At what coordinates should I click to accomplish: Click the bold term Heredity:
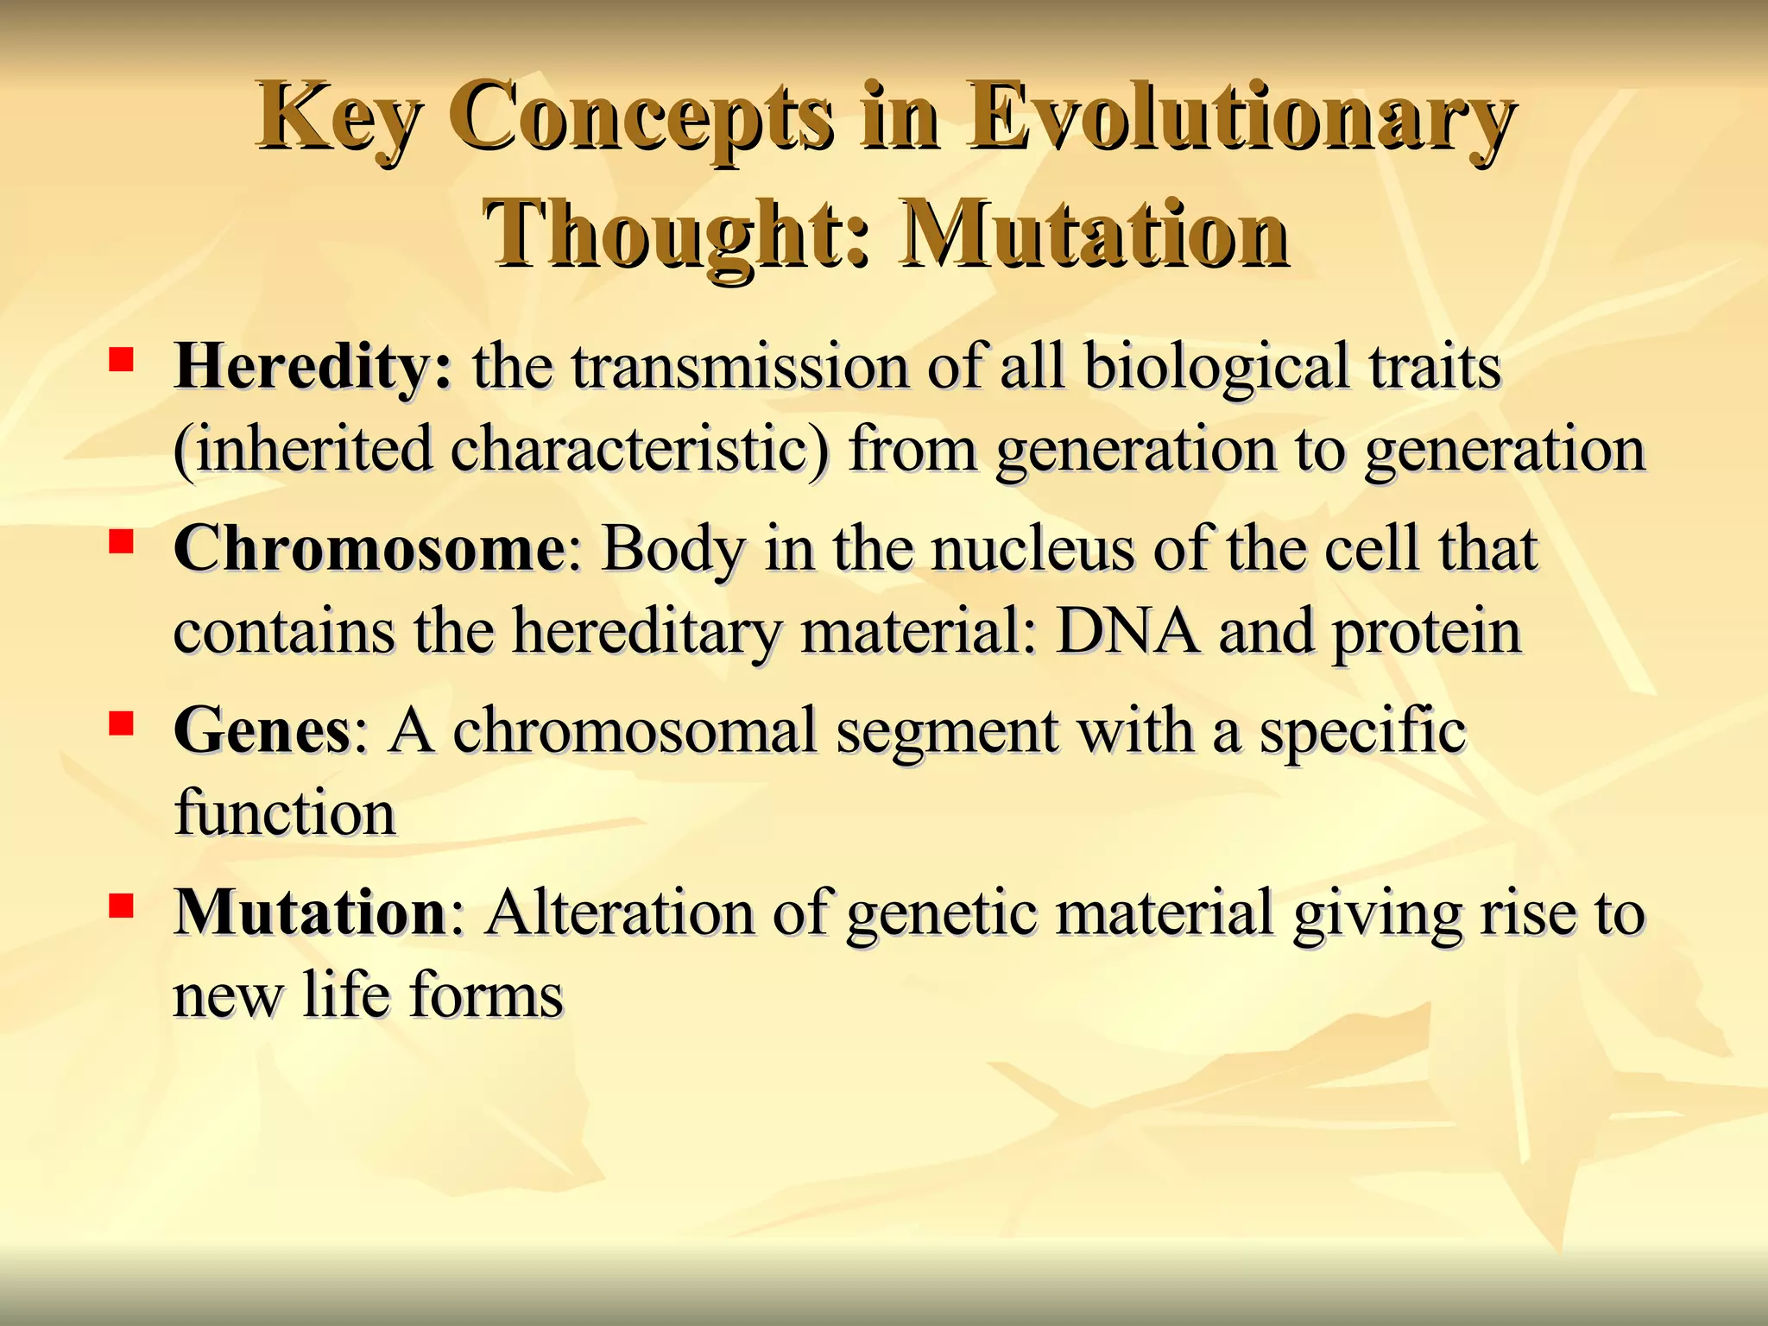pyautogui.click(x=313, y=367)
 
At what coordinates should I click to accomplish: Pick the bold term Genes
pyautogui.click(x=262, y=731)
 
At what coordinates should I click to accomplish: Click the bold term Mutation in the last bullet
pyautogui.click(x=309, y=913)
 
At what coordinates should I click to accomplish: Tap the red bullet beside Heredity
pyautogui.click(x=121, y=359)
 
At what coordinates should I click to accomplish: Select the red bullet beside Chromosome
pyautogui.click(x=121, y=541)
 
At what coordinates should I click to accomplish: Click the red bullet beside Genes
pyautogui.click(x=121, y=723)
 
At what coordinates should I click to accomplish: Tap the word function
pyautogui.click(x=285, y=813)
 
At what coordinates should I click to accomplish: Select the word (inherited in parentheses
pyautogui.click(x=302, y=450)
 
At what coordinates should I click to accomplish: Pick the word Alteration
pyautogui.click(x=619, y=913)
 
